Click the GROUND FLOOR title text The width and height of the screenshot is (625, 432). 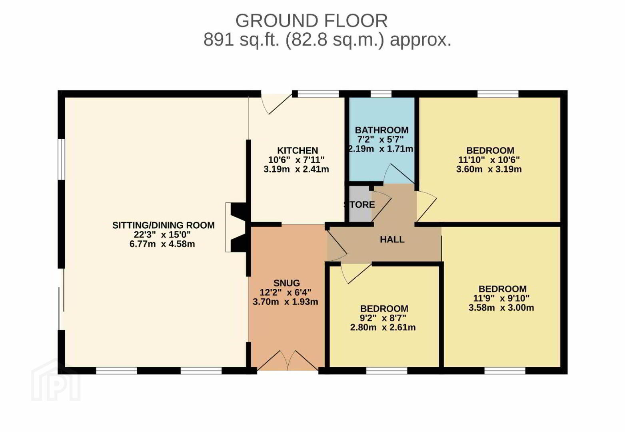312,21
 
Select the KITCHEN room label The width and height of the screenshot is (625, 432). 298,151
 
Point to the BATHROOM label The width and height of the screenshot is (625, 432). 381,130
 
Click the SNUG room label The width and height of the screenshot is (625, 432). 287,283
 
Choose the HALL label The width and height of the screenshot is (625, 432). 392,240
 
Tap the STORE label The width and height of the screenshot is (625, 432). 359,204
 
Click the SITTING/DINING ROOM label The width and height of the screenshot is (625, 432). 164,225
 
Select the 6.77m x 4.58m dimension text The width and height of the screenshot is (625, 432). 162,244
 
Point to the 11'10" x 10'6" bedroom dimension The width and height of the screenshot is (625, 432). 489,160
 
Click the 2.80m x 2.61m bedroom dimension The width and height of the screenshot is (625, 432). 383,327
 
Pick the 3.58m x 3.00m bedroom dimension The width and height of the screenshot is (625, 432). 501,308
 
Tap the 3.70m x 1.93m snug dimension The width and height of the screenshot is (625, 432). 286,302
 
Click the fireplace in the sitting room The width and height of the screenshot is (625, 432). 236,228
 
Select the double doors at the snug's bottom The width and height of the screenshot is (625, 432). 288,360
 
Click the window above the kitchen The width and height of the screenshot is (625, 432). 318,94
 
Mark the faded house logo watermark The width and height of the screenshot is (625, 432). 56,380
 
